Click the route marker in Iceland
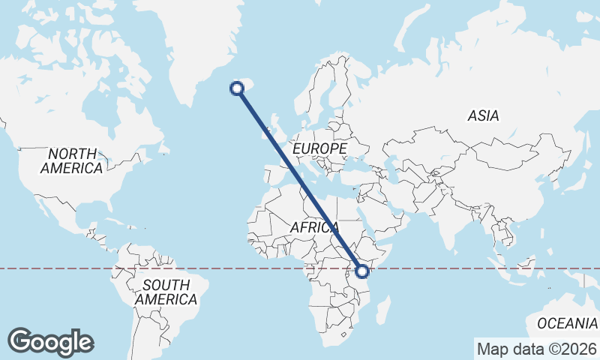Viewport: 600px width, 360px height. click(x=237, y=88)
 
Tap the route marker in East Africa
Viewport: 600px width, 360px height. click(x=363, y=271)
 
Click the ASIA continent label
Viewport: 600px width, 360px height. click(x=483, y=116)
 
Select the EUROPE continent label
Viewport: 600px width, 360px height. click(x=319, y=149)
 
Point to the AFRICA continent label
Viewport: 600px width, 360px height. click(x=315, y=226)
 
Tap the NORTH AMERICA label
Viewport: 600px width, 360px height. click(x=72, y=161)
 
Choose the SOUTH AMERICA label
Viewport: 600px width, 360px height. click(x=166, y=292)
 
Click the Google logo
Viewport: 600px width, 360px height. click(x=50, y=342)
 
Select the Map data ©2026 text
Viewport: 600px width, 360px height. click(x=537, y=349)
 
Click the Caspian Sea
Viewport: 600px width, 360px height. click(x=397, y=169)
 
